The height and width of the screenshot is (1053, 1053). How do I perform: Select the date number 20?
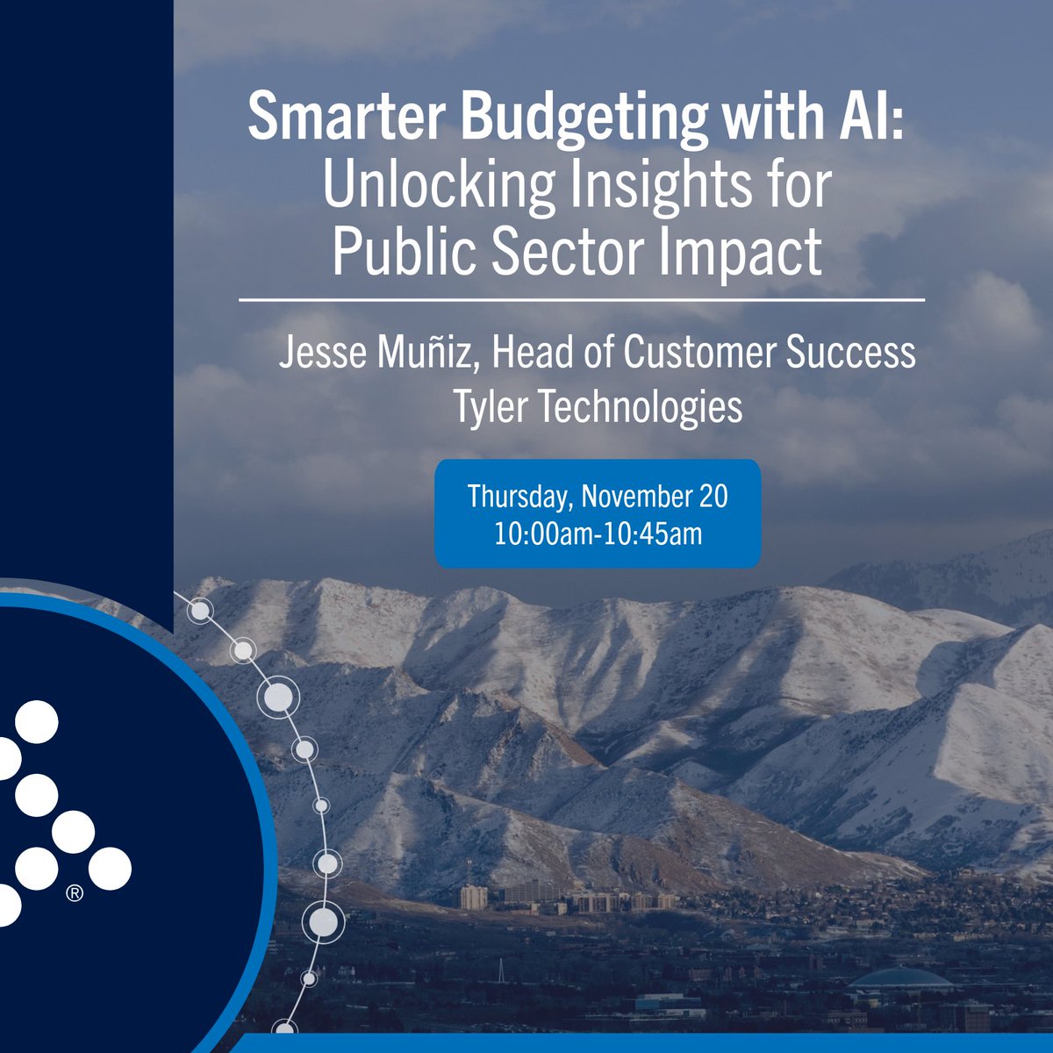pos(713,497)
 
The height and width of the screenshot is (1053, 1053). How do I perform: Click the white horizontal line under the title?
pos(582,301)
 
